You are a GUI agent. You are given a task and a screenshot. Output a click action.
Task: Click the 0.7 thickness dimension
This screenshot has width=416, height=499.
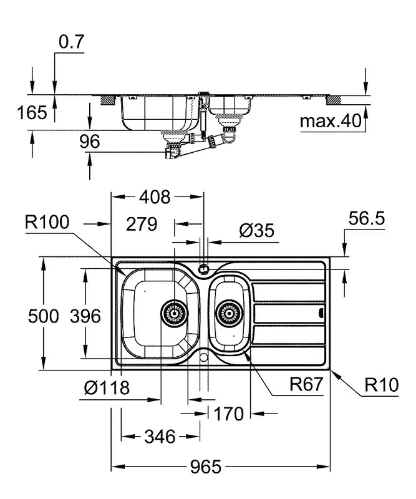(71, 42)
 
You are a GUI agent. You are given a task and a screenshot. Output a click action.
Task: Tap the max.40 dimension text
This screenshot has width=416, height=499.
(331, 121)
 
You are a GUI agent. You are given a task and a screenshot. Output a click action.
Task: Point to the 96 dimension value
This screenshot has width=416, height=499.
(89, 142)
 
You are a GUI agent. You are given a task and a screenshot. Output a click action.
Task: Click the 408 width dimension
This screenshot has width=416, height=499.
(154, 198)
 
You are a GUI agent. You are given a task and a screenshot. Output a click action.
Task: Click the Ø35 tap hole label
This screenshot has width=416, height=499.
(256, 230)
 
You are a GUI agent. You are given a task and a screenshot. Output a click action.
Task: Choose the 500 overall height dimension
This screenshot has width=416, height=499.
(44, 316)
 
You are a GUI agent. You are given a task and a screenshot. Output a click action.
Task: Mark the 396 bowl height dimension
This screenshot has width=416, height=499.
(85, 316)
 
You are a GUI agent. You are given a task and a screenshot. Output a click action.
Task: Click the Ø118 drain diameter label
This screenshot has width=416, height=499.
(107, 388)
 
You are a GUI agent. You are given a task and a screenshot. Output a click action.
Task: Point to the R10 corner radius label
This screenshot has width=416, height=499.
(380, 385)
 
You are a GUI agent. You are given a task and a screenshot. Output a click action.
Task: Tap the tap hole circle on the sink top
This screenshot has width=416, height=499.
(203, 269)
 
